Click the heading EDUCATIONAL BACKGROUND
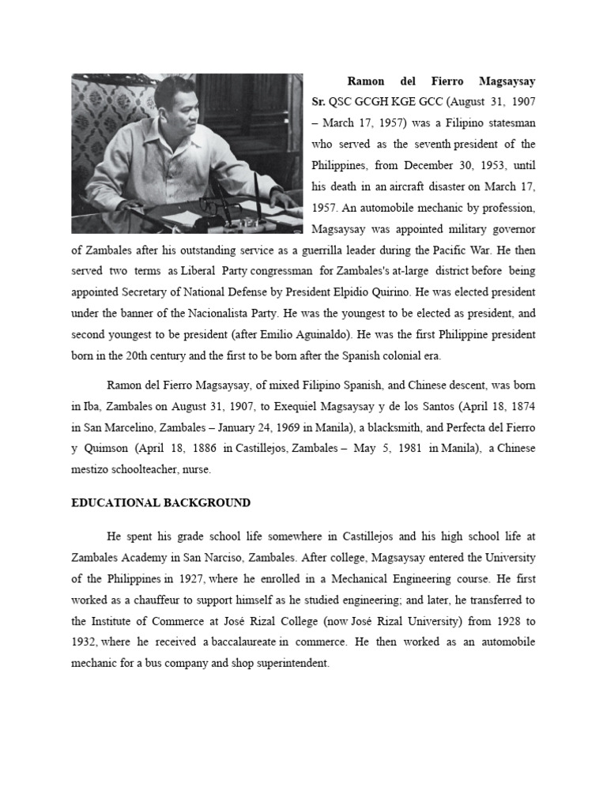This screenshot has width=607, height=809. coord(160,502)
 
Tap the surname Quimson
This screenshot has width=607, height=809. coord(115,449)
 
